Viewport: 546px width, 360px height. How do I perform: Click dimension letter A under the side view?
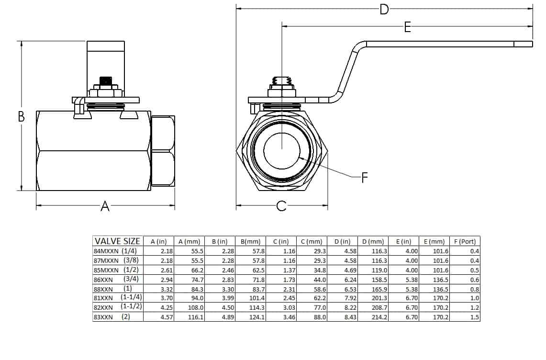coord(105,206)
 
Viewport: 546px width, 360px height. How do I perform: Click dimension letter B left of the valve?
coord(22,116)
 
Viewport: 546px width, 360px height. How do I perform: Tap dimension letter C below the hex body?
coord(281,206)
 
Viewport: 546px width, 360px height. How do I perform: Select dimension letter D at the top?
coord(384,9)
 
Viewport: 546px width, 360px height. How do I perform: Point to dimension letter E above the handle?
coord(407,27)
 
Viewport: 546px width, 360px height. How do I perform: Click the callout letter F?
coord(365,178)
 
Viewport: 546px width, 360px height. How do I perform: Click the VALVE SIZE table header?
coord(118,241)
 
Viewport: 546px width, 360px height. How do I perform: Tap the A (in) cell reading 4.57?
coord(158,317)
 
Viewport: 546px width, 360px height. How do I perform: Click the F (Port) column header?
coord(465,241)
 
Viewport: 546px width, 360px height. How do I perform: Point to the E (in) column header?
coord(404,241)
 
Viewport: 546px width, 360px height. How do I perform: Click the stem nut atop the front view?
coord(281,87)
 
